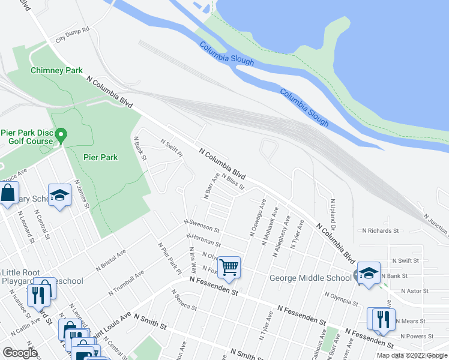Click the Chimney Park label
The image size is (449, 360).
click(57, 70)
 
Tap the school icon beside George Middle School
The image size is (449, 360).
click(368, 272)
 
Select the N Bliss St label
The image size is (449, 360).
click(233, 181)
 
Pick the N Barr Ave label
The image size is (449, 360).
click(211, 182)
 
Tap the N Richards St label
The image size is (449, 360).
click(381, 230)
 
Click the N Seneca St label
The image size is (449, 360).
click(184, 300)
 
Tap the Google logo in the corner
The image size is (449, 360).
click(20, 352)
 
